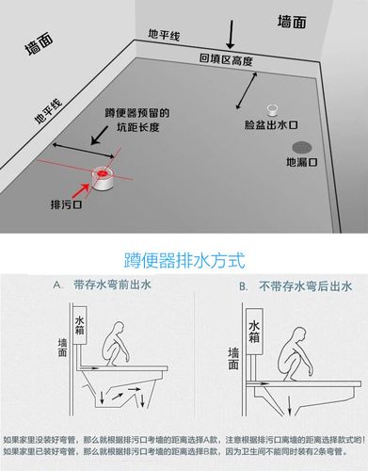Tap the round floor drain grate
point(301,146)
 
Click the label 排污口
point(66,203)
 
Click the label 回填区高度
point(226,59)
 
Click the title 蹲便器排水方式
point(184,257)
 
